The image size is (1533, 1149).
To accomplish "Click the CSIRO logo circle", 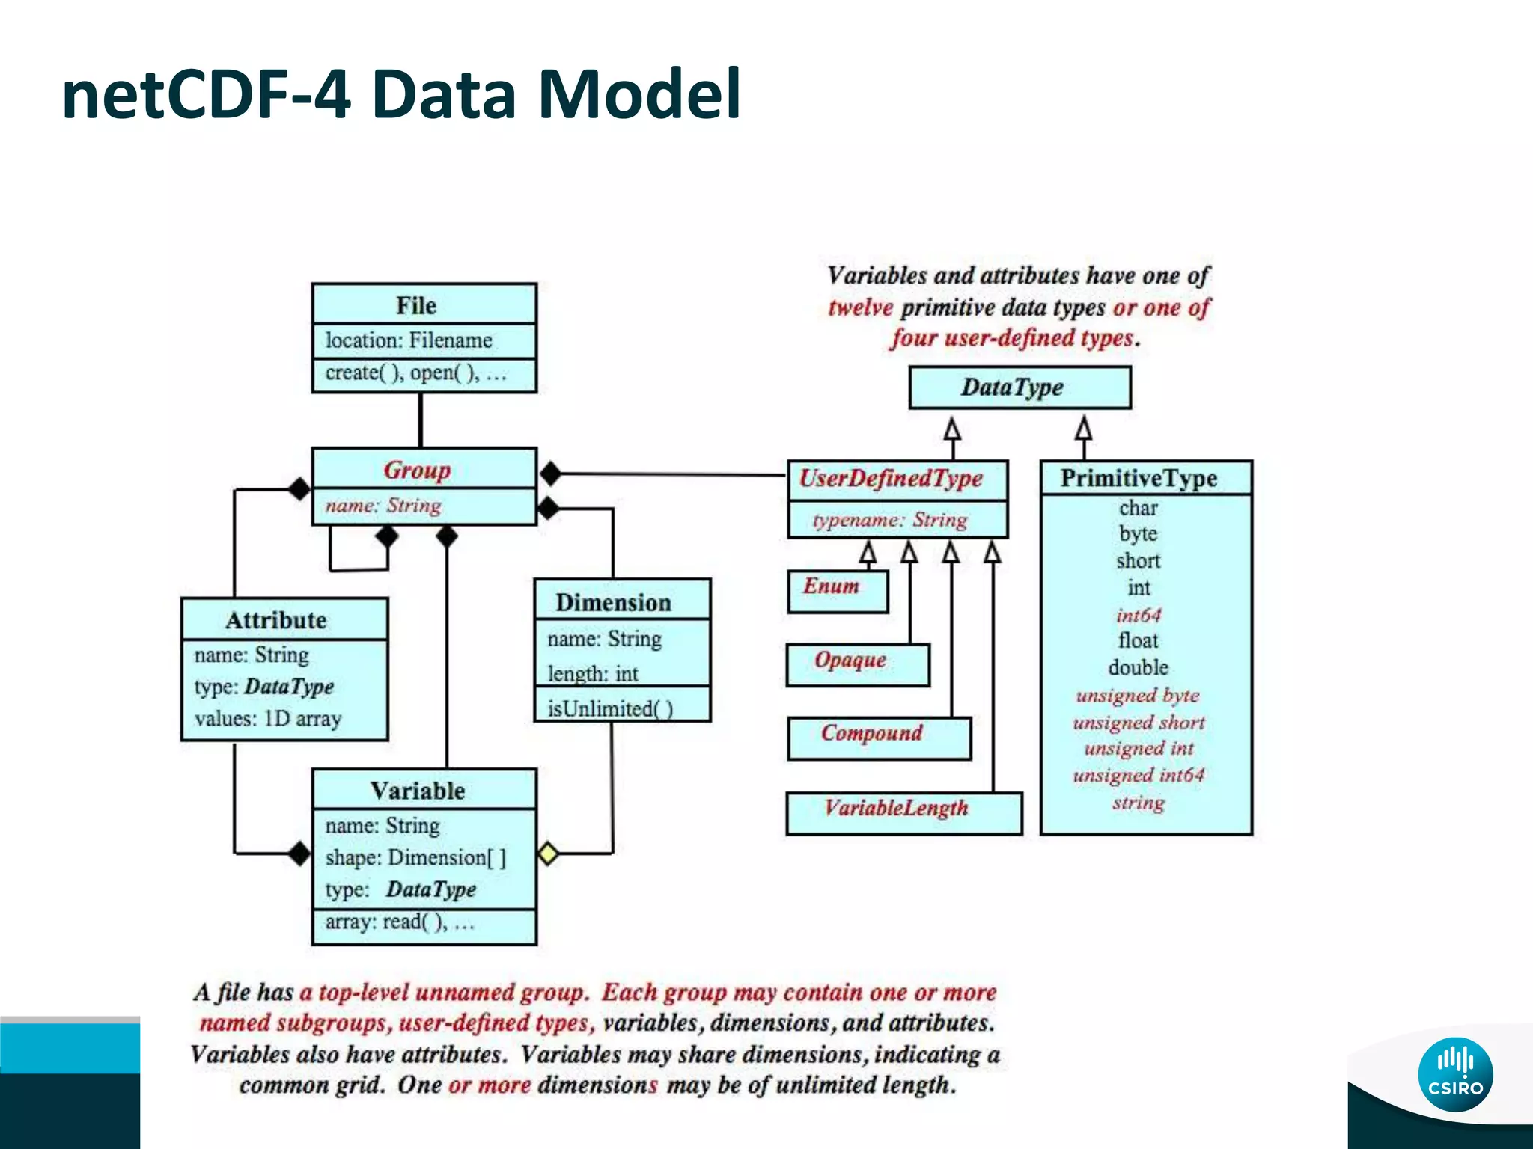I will pos(1455,1074).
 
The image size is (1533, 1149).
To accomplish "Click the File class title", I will pos(416,305).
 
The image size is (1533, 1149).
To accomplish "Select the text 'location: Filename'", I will pos(409,340).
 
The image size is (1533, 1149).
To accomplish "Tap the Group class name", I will pos(417,470).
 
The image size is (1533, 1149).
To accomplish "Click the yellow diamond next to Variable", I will pos(548,853).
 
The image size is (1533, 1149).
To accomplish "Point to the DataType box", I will pos(1020,387).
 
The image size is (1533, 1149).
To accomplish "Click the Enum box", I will pos(837,591).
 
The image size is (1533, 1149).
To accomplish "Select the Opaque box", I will pos(857,664).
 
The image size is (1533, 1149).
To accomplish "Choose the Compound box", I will pos(879,738).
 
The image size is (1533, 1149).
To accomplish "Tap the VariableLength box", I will pos(903,812).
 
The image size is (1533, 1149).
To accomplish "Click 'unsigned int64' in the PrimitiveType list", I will pos(1138,775).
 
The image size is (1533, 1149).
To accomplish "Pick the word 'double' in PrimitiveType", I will pos(1138,667).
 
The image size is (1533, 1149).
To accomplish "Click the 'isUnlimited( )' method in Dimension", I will pos(610,708).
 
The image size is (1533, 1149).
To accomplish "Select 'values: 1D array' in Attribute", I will pos(268,719).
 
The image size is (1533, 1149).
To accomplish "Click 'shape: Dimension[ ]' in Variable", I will pos(415,857).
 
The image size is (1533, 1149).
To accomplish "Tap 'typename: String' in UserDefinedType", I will pos(890,520).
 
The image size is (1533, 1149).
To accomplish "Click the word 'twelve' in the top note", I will pos(860,307).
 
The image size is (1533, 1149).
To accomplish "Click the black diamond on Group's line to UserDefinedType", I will pos(551,473).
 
